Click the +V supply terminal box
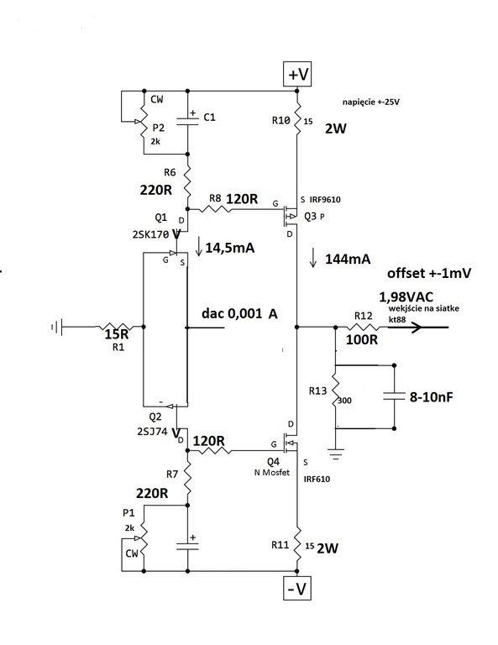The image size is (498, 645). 298,74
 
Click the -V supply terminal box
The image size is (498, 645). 297,588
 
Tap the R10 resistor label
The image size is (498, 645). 280,120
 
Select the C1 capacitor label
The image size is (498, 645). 209,118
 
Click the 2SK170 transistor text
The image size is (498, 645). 150,234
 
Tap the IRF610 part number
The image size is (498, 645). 317,479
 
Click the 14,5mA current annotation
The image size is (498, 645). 230,248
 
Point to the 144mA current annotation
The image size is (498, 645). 348,259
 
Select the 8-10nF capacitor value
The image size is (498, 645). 432,397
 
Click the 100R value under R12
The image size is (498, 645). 362,340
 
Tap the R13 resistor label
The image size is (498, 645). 318,391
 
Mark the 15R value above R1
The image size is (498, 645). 117,334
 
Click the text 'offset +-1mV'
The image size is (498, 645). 429,273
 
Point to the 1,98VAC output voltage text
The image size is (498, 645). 406,296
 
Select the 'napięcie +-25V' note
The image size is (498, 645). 370,102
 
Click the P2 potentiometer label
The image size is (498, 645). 159,128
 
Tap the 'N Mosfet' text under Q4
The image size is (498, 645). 272,472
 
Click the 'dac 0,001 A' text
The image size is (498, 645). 239,313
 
